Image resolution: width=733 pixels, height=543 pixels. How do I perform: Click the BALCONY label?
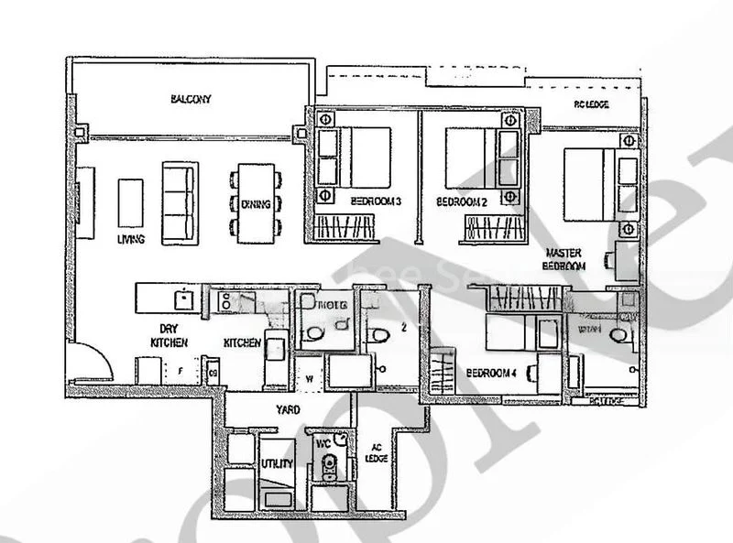[191, 99]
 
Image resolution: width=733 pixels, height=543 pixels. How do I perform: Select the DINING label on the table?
[256, 204]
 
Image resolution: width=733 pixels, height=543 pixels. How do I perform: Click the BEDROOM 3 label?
[376, 201]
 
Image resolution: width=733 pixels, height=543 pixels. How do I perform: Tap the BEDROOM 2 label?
[461, 201]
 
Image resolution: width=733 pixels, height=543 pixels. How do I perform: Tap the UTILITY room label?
[276, 465]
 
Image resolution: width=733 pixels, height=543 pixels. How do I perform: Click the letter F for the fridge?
[182, 372]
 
